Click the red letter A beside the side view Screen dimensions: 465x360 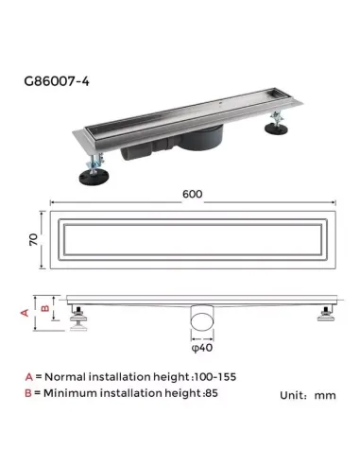26,309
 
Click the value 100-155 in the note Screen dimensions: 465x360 216,376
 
